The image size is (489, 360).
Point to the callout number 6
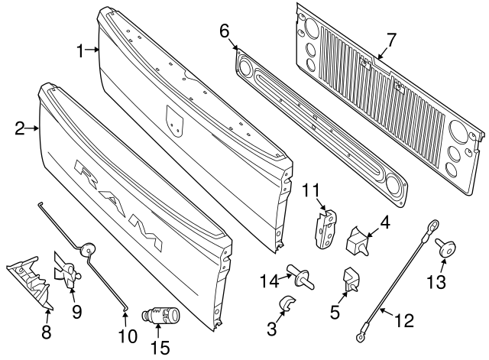224,31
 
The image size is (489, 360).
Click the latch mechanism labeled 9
68,272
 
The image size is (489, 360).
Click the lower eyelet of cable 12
358,333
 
